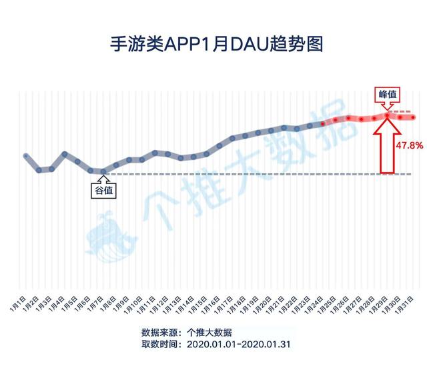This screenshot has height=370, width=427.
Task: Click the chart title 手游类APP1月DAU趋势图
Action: [x=216, y=44]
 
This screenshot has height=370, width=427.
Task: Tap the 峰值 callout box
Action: [x=387, y=95]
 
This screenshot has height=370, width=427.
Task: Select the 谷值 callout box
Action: [x=103, y=191]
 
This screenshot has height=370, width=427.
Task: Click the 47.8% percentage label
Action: [x=409, y=145]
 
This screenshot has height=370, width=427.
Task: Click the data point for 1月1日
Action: [x=26, y=156]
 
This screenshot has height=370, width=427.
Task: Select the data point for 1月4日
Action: [x=65, y=154]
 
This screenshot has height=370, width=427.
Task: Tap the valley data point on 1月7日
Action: [x=103, y=171]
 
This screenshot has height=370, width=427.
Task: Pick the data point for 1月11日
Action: [x=155, y=153]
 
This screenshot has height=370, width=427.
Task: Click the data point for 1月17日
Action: [x=232, y=138]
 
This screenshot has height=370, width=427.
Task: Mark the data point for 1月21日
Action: [x=284, y=127]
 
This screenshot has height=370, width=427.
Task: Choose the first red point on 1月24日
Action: [x=323, y=124]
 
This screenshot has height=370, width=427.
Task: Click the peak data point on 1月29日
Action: [x=387, y=115]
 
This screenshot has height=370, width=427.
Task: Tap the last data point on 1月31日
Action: [x=413, y=117]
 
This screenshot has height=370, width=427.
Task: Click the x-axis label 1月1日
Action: [x=18, y=304]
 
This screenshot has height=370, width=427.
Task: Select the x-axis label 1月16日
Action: [x=210, y=305]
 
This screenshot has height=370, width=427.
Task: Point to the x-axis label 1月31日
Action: [x=404, y=305]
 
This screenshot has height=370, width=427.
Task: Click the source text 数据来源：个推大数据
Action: [x=187, y=332]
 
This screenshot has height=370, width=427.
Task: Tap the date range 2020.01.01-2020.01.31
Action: [x=239, y=344]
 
